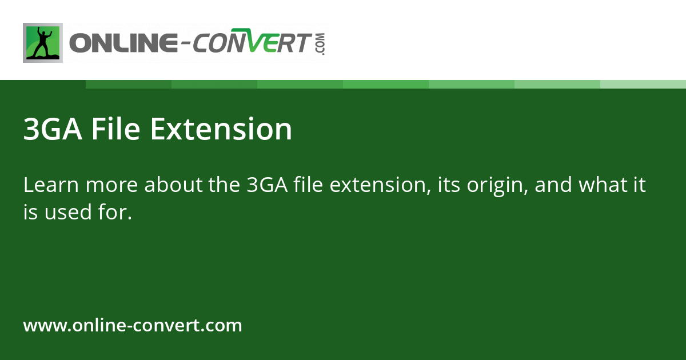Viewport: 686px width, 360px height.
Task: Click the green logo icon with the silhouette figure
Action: (43, 43)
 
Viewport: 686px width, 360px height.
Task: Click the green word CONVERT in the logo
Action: (251, 43)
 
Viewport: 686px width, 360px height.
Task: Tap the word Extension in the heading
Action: (221, 129)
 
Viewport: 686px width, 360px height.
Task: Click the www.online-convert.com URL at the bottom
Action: (133, 326)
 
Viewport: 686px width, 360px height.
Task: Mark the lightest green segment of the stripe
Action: (643, 84)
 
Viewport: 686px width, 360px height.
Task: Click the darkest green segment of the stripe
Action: (129, 84)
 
